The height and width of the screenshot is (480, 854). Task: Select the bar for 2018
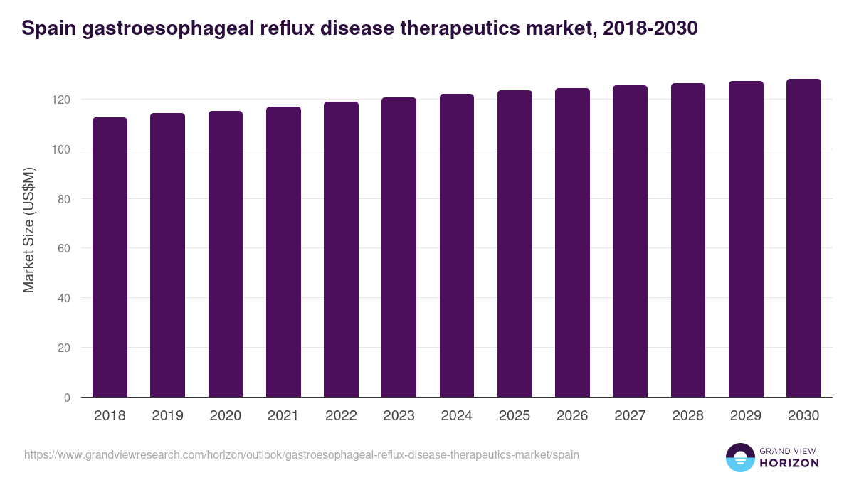click(110, 257)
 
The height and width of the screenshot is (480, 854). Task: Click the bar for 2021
click(283, 252)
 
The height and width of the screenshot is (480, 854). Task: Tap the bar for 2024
click(457, 245)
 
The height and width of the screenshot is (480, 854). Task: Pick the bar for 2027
click(630, 241)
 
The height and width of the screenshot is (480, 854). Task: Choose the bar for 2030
click(803, 238)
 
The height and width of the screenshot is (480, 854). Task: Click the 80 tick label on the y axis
click(65, 199)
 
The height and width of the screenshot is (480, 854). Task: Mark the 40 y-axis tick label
click(65, 298)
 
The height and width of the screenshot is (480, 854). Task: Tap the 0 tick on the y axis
click(67, 398)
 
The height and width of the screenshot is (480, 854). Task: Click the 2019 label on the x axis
click(167, 416)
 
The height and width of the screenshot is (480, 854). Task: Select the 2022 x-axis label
click(341, 416)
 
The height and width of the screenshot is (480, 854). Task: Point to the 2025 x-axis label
click(515, 416)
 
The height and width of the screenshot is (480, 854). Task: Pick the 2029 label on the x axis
click(746, 416)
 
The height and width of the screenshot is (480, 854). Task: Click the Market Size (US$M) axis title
click(29, 230)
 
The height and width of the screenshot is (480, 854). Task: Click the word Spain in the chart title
click(45, 28)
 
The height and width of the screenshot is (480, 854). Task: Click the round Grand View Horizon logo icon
click(740, 457)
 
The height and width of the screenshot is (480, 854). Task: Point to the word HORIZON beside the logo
click(790, 463)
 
